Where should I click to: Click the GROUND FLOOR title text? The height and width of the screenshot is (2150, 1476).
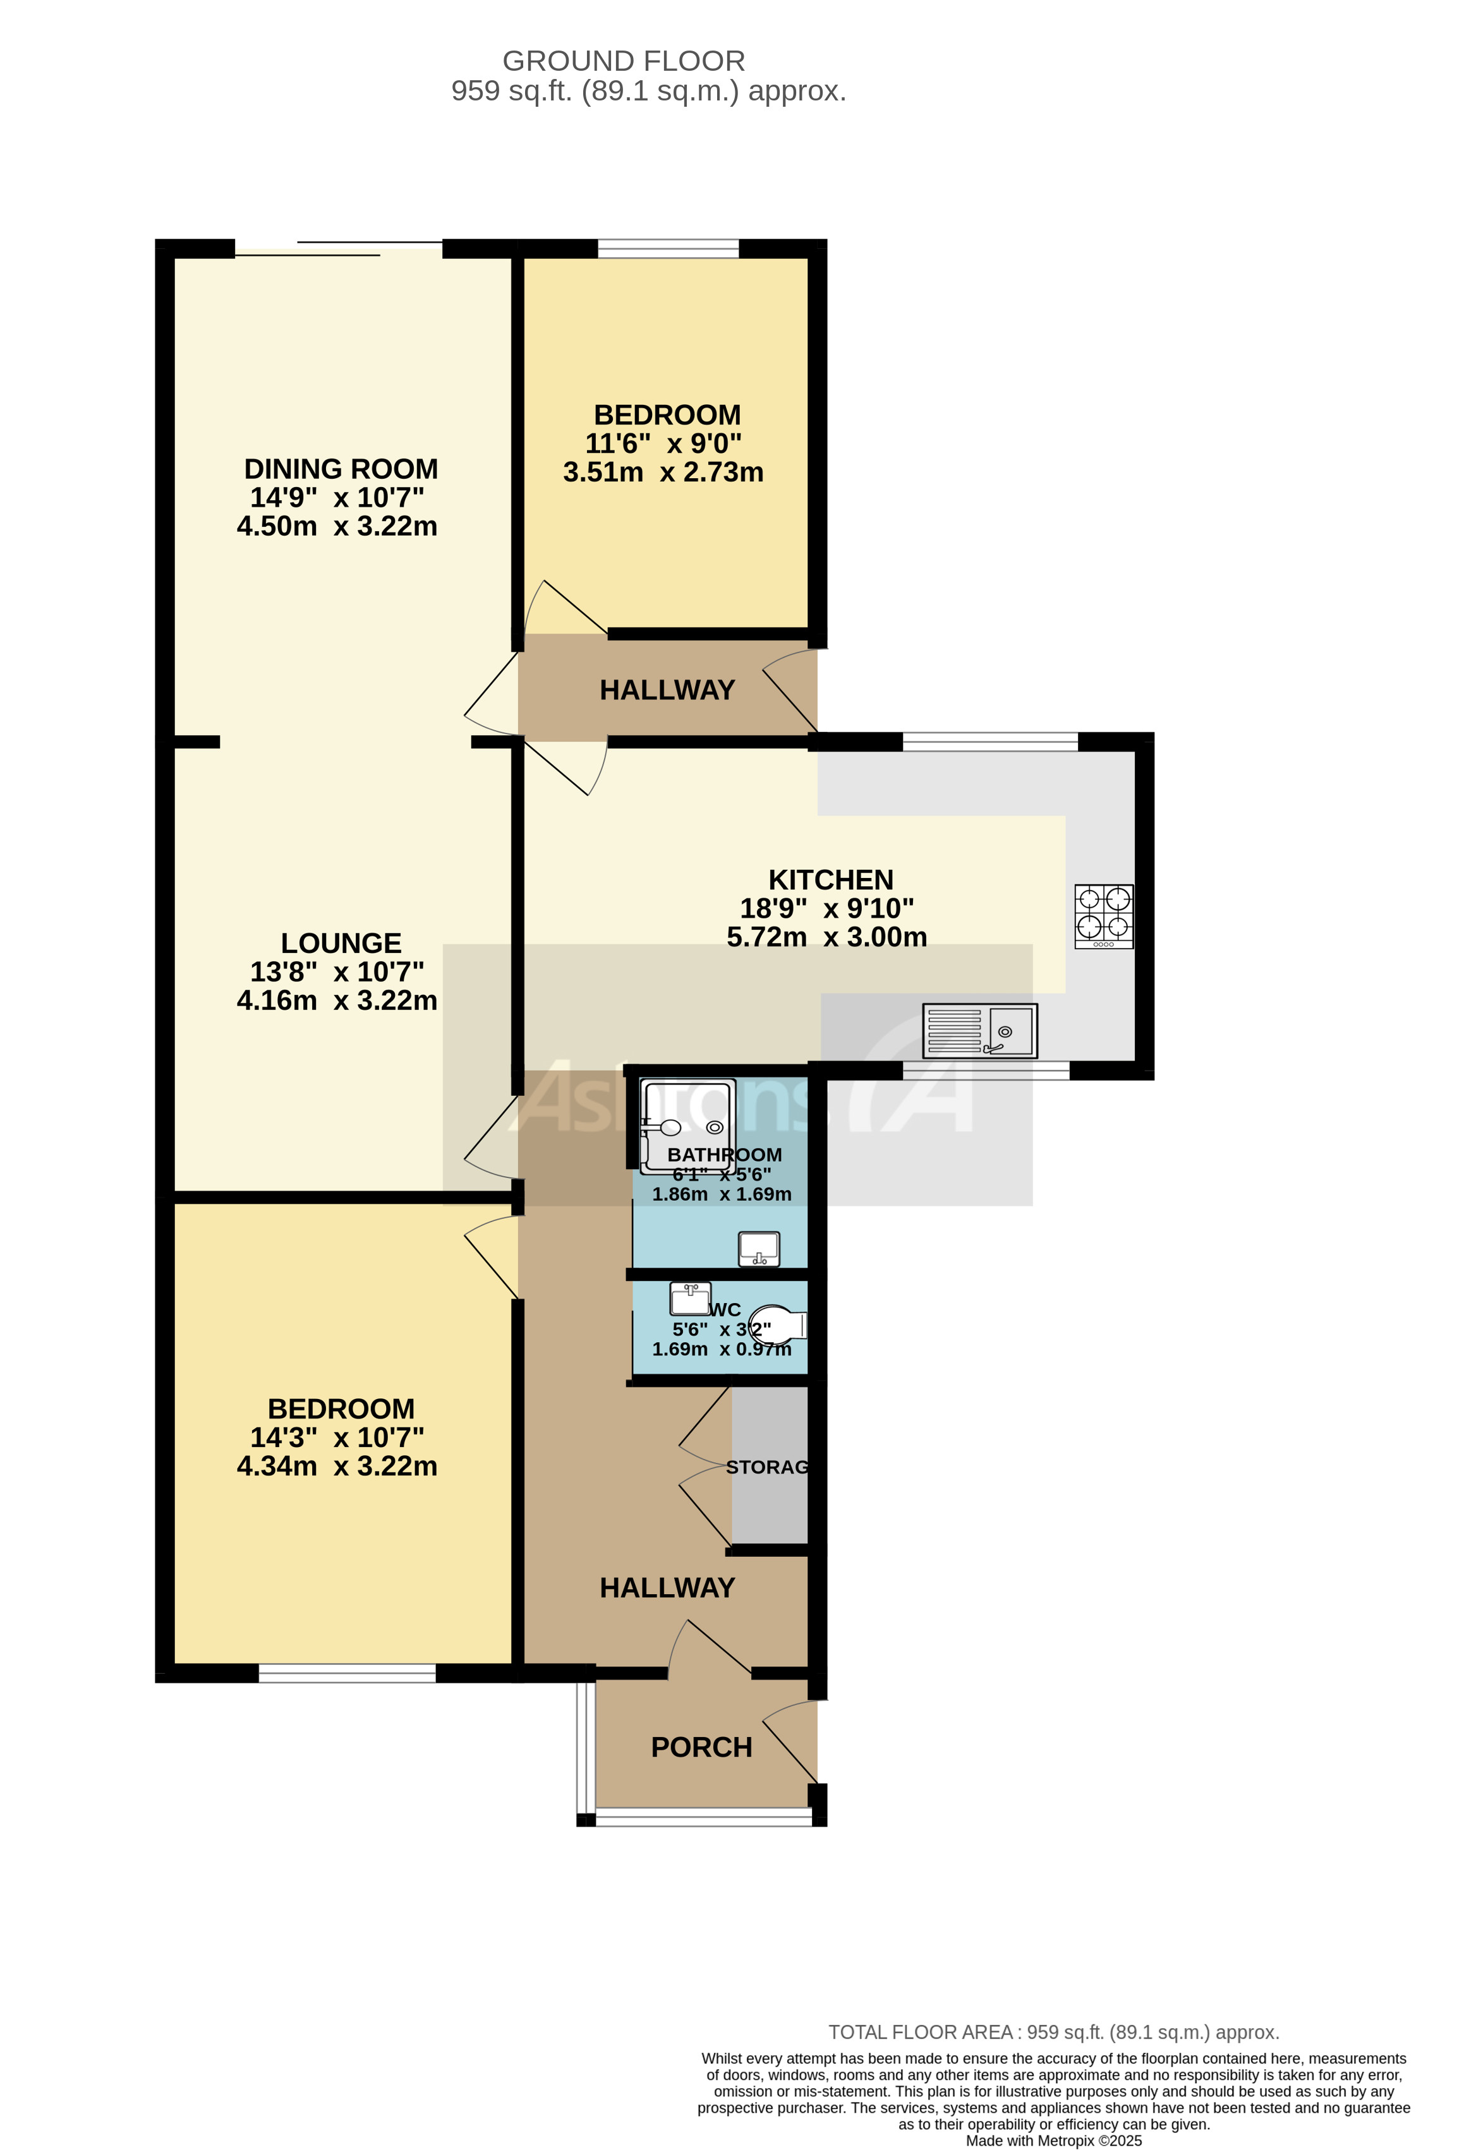tap(623, 61)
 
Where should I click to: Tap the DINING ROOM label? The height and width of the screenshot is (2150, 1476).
tap(341, 469)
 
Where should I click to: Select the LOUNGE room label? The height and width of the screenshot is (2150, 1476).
tap(341, 943)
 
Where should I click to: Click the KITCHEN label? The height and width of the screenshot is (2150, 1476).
tap(830, 880)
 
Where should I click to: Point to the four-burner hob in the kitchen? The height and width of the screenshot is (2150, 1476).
tap(1103, 916)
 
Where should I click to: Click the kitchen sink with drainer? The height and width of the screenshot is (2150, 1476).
tap(979, 1031)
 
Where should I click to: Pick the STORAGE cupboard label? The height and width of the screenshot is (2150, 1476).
tap(767, 1467)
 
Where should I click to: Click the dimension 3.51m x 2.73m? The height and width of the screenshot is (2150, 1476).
tap(663, 472)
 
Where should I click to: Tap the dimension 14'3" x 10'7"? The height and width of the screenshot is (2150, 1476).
tap(337, 1437)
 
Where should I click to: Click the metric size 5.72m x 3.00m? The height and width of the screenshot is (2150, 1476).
tap(826, 937)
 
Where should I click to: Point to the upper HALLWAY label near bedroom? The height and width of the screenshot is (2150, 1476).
tap(666, 690)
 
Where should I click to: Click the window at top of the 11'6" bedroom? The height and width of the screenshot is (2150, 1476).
tap(668, 248)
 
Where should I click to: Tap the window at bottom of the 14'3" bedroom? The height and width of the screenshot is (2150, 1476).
tap(347, 1673)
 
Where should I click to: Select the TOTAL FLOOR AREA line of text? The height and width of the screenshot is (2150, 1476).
tap(1053, 2033)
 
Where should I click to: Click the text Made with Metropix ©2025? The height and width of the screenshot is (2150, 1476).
tap(1053, 2141)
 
